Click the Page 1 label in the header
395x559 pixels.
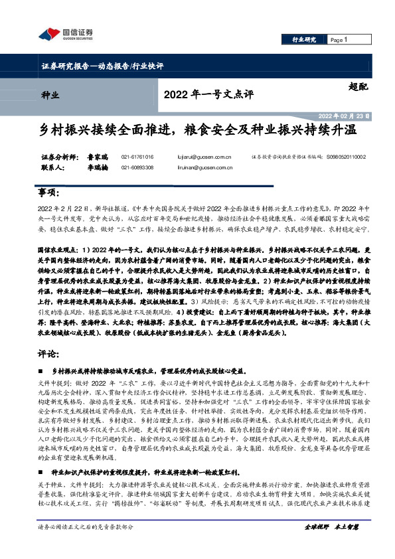(339, 40)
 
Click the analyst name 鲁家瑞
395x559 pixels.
(98, 157)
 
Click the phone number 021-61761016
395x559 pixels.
(137, 157)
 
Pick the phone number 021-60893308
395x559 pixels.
(137, 168)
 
